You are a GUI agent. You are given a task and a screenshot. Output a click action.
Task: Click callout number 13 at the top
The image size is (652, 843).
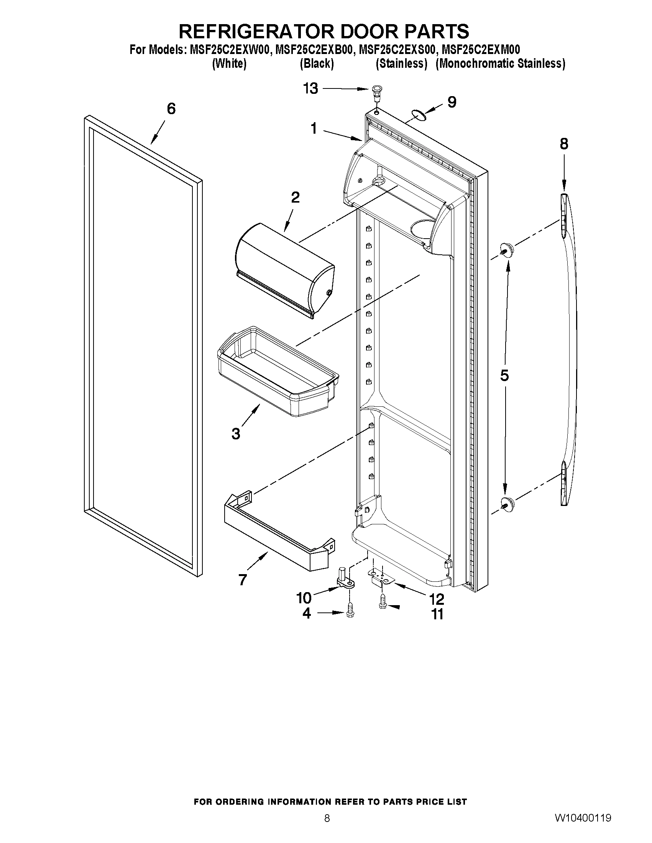[310, 88]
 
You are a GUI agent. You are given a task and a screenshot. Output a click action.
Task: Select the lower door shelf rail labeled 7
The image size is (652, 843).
[278, 537]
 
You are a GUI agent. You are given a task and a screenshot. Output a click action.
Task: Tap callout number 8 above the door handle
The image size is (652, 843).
[563, 144]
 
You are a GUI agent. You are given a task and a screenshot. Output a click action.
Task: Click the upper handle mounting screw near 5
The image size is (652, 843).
[506, 249]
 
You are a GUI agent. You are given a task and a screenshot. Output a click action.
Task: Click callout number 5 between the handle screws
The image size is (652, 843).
[504, 375]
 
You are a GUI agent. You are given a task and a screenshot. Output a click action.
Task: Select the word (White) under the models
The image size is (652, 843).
[229, 64]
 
